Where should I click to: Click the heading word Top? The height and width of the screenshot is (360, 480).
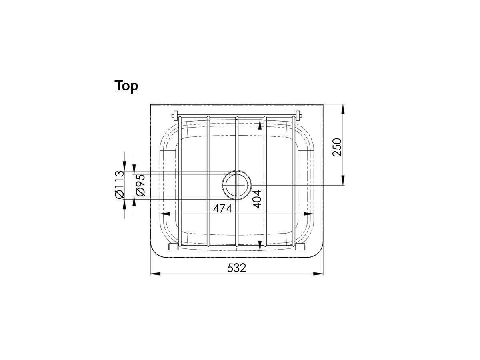click(x=126, y=86)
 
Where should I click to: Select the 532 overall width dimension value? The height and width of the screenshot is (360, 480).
click(x=237, y=268)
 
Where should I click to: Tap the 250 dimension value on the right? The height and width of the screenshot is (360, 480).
click(x=337, y=147)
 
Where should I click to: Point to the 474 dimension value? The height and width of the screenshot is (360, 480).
click(x=222, y=208)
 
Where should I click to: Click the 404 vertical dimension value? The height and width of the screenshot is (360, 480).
click(x=257, y=198)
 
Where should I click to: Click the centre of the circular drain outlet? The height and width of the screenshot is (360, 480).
click(x=237, y=185)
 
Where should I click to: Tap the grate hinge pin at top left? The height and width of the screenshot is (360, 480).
click(x=175, y=116)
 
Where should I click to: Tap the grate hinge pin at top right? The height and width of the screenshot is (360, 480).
click(x=298, y=116)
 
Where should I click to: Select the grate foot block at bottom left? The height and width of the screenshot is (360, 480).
click(x=174, y=247)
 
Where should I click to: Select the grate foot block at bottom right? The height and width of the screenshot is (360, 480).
click(x=300, y=247)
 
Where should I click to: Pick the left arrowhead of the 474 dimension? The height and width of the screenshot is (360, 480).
click(x=165, y=214)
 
